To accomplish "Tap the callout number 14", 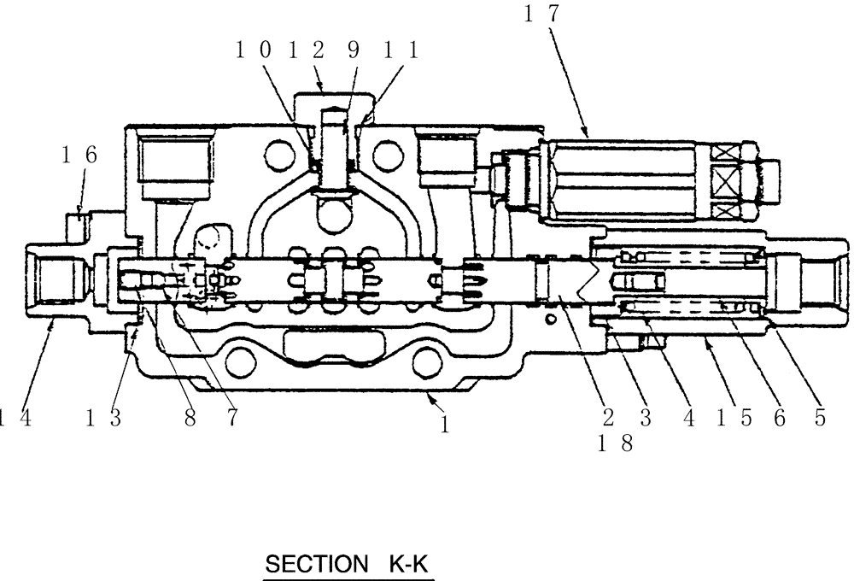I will point(10,419).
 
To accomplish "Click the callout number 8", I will point(189,419).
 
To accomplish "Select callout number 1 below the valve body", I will point(444,425).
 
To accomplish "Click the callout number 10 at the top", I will point(254,51).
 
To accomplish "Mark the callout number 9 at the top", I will point(353,51).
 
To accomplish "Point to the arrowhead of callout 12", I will point(321,88).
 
